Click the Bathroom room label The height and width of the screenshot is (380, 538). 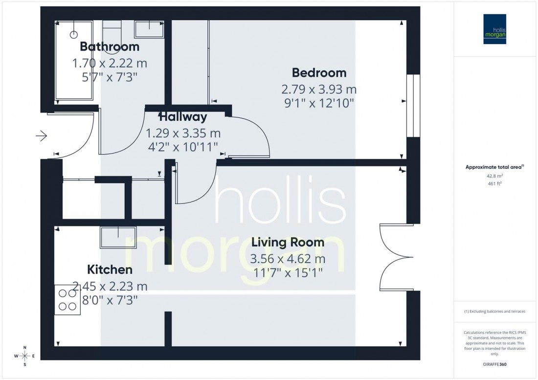coord(110,47)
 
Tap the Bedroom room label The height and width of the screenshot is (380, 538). coord(319,73)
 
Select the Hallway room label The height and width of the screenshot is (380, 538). coord(183,117)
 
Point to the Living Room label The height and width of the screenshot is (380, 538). coord(288,242)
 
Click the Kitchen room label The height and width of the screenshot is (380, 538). coord(110,269)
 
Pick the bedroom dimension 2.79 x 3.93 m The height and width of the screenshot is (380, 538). coord(319,90)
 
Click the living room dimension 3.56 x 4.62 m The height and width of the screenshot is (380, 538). coord(288,259)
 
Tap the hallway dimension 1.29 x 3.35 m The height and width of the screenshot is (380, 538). coord(183,133)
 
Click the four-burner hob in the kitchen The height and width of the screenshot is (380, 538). coord(67,299)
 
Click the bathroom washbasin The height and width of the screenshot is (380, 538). coord(149,29)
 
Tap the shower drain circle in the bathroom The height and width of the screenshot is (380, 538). coord(74,34)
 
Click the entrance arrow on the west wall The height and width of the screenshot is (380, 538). coord(42,135)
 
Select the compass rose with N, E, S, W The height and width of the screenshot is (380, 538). coord(24,356)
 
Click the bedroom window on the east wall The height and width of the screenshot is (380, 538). coord(413,106)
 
